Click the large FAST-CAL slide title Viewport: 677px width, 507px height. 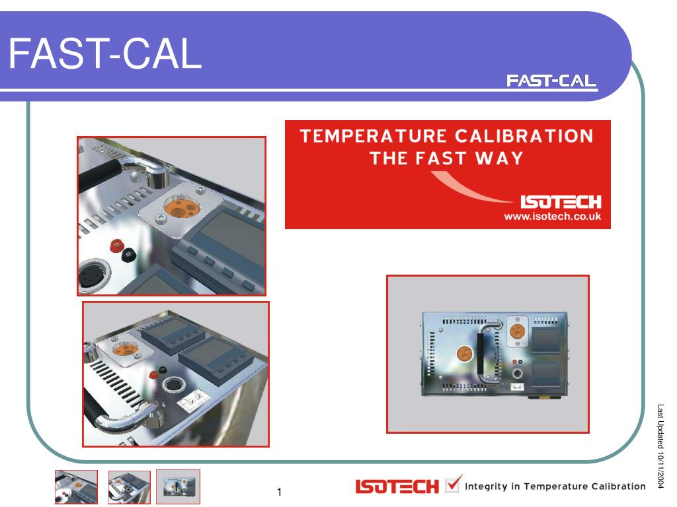point(105,53)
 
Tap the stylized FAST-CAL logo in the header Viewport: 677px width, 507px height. point(551,81)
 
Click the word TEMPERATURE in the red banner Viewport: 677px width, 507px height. point(374,136)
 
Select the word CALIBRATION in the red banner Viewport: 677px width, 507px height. point(524,136)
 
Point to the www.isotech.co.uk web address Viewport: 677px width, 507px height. point(552,216)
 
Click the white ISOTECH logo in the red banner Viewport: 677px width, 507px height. point(561,202)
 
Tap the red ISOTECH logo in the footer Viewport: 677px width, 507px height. point(397,487)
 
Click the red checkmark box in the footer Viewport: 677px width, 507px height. point(453,483)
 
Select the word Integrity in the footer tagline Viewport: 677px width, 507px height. point(486,487)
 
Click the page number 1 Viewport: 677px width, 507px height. point(280,491)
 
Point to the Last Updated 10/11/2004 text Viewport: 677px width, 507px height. point(660,446)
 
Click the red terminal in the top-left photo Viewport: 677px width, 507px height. point(116,246)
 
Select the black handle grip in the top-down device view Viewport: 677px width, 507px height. point(480,353)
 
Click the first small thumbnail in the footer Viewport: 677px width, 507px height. point(77,487)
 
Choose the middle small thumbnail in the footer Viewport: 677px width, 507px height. point(130,487)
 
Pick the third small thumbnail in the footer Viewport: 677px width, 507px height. point(179,487)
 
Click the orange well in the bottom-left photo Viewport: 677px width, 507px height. point(124,349)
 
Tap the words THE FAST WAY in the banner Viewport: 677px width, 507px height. point(446,158)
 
